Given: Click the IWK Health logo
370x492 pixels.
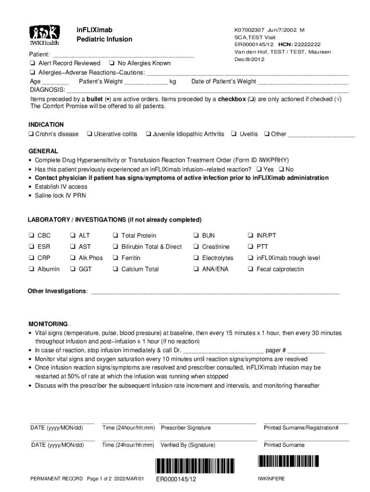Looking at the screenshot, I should tap(45, 35).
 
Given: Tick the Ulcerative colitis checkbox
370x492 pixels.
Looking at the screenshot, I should tap(89, 134).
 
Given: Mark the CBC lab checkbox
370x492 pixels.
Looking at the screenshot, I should tap(31, 235).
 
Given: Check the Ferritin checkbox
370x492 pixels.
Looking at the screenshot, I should tap(115, 258).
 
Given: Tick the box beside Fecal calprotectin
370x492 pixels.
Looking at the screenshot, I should tap(250, 269).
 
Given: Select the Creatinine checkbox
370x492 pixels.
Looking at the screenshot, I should tap(196, 247).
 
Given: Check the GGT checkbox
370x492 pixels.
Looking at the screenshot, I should tap(73, 269).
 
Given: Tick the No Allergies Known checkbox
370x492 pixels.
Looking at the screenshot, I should tap(111, 63).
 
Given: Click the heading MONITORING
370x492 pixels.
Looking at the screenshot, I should tap(48, 324).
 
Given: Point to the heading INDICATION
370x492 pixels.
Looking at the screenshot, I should tap(46, 124).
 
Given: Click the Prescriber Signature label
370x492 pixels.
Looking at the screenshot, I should tap(185, 428).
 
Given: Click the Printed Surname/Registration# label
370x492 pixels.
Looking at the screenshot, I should tap(301, 428).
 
